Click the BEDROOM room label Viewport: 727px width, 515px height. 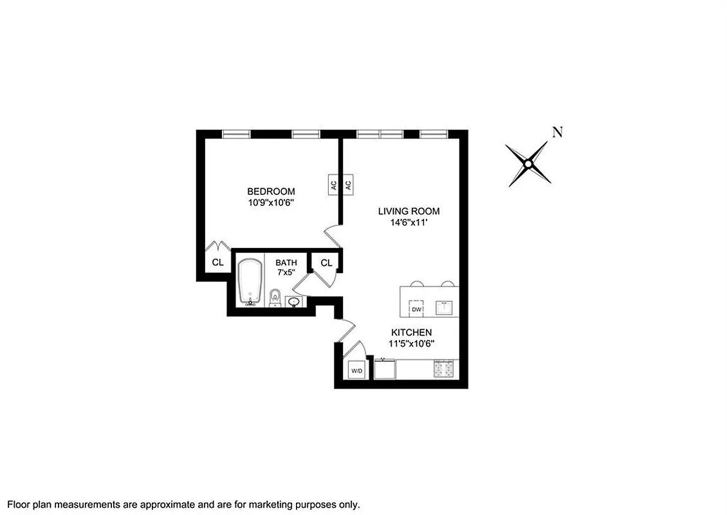[x=271, y=191]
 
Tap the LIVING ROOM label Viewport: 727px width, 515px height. [x=409, y=211]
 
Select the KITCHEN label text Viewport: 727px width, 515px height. [x=411, y=332]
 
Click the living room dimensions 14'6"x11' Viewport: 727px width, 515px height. [x=409, y=222]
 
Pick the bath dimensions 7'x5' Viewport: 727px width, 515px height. [x=286, y=273]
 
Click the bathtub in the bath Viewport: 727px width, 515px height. [x=250, y=281]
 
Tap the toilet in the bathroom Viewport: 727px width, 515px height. [x=275, y=297]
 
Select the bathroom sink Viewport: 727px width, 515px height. [x=295, y=301]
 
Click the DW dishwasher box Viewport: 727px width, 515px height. [x=416, y=309]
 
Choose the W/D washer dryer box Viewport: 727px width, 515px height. [x=356, y=371]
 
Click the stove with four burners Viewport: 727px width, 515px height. [x=443, y=370]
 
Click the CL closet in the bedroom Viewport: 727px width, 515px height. [x=217, y=263]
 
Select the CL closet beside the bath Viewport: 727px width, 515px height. [x=326, y=263]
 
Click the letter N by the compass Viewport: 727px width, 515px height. [x=557, y=133]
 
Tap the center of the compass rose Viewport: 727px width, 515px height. [x=528, y=165]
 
